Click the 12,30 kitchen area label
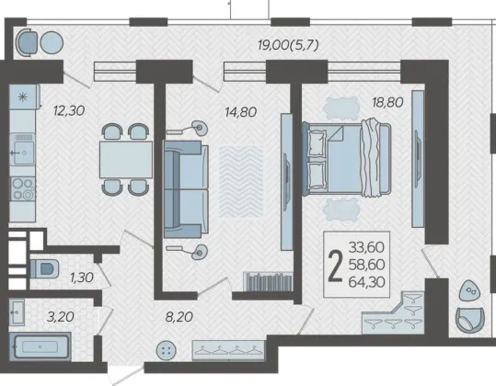pos(69,111)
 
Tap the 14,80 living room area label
pos(240,112)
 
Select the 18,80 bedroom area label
pos(387,102)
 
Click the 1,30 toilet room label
pos(82,278)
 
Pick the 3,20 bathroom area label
pos(61,316)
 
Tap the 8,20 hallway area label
pos(179,317)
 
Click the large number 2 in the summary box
pos(335,266)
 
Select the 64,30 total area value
pos(366,282)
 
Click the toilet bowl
pos(44,268)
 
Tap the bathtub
pos(40,346)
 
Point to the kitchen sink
pos(22,153)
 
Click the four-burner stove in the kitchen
pos(23,189)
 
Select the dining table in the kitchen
pos(126,160)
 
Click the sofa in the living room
pos(186,189)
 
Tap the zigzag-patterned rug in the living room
pos(241,182)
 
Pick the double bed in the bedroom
pos(347,159)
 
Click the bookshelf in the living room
pos(268,281)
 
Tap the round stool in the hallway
pos(167,350)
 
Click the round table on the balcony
pos(52,42)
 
